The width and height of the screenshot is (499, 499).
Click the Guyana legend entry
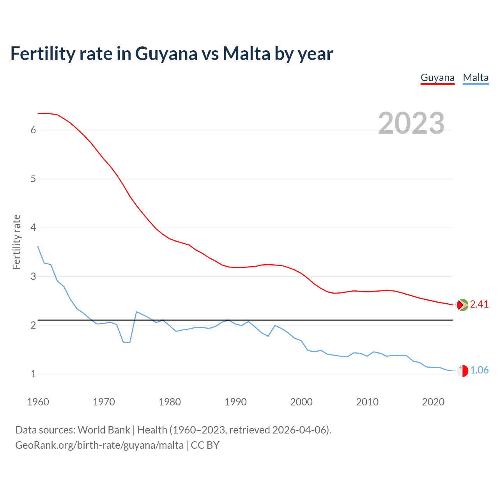point(437,78)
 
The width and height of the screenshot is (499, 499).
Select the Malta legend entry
point(476,78)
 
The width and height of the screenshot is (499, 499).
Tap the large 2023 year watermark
point(411,123)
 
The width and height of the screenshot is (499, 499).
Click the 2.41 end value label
point(479,304)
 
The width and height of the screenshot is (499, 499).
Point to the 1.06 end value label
point(479,370)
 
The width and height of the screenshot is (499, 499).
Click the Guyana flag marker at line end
point(462,305)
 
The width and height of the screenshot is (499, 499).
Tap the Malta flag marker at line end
point(462,371)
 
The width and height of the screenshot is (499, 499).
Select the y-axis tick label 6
point(33,130)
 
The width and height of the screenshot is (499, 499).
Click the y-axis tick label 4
point(33,228)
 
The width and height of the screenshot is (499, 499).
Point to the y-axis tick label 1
point(33,374)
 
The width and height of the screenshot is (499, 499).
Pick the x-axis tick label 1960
point(38,402)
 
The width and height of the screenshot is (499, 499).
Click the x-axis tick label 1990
point(235,402)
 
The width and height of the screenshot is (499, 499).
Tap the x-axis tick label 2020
point(433,402)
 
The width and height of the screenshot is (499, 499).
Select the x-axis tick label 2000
point(301,402)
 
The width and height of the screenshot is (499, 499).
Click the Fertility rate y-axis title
point(16,242)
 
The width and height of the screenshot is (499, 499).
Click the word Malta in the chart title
point(246,54)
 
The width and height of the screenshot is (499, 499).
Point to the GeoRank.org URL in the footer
point(99,445)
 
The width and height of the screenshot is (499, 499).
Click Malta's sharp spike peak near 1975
point(136,312)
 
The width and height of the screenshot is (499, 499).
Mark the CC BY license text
point(205,445)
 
